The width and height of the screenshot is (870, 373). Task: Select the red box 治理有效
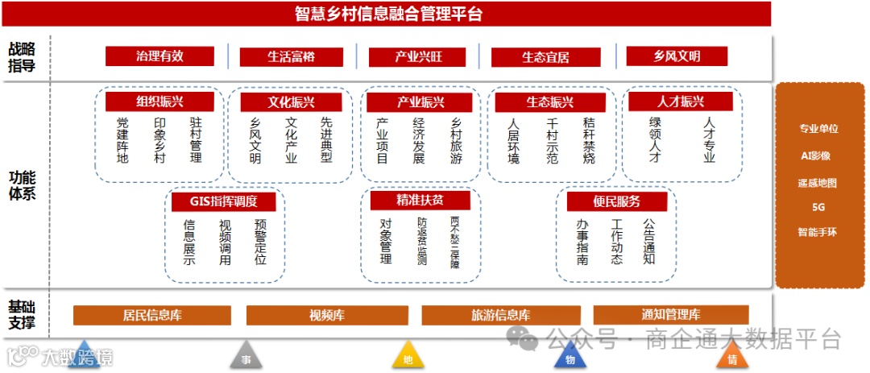[x=159, y=56]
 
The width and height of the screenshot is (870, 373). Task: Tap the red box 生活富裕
[x=291, y=56]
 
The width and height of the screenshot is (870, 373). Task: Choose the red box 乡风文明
[x=677, y=56]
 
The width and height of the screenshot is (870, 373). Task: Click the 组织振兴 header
[x=159, y=102]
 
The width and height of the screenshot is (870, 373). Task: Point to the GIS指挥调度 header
[x=223, y=201]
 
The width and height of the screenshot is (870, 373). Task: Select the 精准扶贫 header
[x=419, y=200]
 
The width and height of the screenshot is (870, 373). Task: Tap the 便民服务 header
[x=616, y=201]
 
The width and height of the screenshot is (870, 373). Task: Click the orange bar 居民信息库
[x=152, y=315]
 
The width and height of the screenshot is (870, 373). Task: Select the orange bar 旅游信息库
[x=500, y=315]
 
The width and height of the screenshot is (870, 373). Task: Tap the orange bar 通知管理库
[x=671, y=315]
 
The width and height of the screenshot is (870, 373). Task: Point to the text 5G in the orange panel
[x=818, y=207]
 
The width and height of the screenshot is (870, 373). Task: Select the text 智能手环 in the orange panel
[x=818, y=232]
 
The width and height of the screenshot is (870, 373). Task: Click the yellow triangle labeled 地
[x=408, y=357]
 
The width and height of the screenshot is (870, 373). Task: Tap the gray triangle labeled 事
[x=246, y=357]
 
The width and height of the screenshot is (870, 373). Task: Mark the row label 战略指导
[x=22, y=57]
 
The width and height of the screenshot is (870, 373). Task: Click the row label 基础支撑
[x=22, y=315]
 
